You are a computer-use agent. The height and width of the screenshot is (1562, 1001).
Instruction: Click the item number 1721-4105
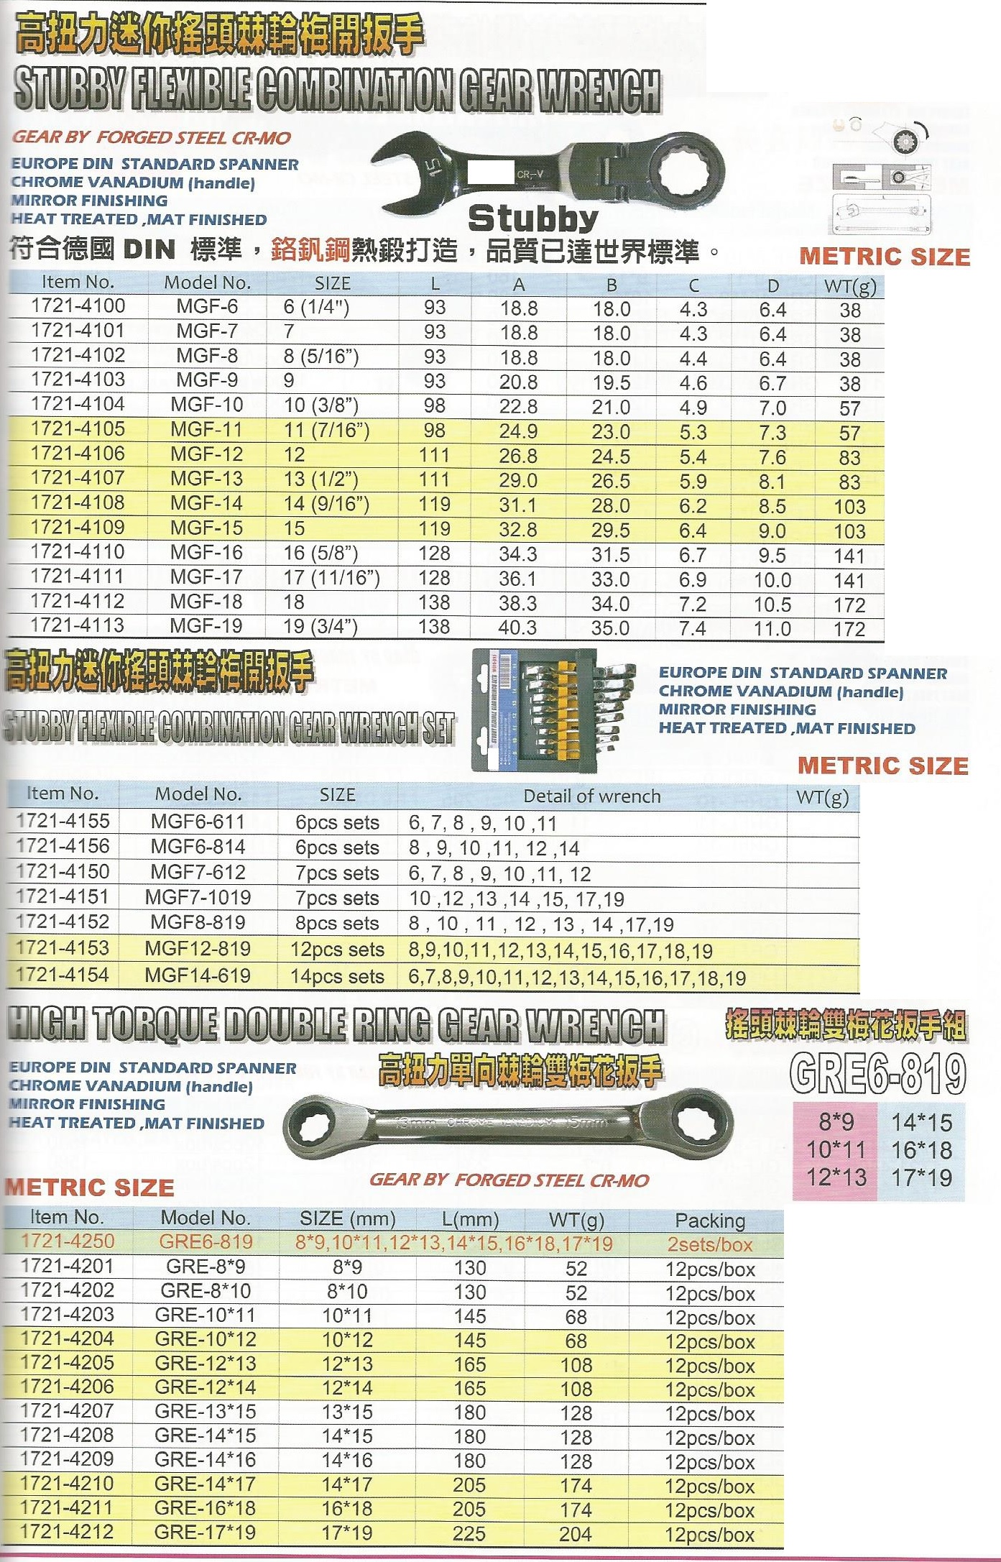78,429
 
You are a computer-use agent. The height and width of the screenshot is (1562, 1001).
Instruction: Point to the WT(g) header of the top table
850,285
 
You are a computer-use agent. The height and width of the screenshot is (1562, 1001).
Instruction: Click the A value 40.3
517,628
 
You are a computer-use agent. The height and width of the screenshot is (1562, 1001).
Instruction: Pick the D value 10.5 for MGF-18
772,605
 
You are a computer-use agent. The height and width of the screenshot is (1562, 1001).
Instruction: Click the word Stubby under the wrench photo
532,218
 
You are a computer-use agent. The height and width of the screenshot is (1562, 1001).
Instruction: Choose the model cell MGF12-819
198,949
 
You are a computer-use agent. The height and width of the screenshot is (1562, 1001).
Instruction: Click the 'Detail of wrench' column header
591,796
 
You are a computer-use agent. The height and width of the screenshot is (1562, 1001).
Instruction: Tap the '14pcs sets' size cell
337,977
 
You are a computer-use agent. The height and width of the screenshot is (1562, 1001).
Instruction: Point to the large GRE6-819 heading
877,1073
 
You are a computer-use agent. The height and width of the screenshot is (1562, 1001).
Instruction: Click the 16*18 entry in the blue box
921,1150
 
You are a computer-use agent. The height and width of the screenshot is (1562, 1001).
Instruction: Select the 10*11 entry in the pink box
836,1150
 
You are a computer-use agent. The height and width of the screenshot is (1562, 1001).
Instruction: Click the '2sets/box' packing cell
709,1244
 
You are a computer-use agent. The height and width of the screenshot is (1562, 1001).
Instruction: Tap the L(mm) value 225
469,1533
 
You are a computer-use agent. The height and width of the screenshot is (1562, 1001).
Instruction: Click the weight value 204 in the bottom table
576,1534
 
